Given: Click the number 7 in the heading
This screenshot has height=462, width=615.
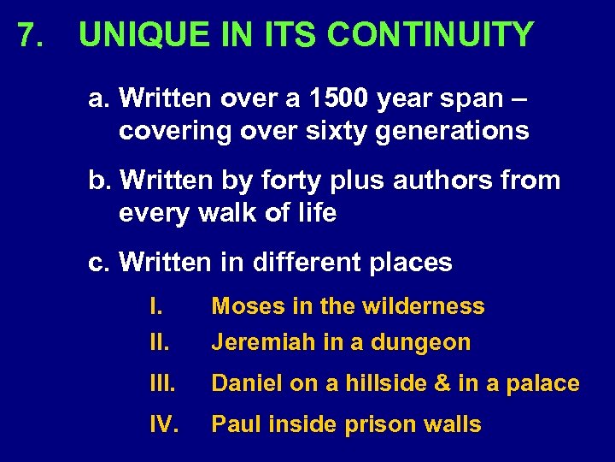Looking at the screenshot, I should (28, 36).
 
